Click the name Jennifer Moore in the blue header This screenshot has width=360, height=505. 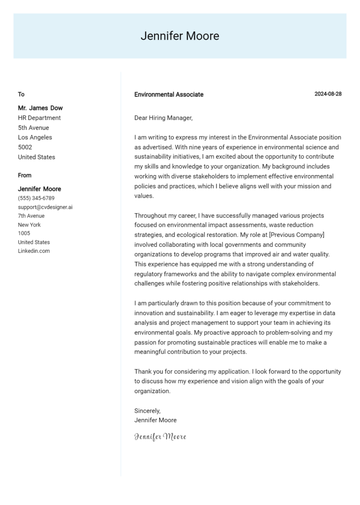180,36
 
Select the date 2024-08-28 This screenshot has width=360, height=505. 328,94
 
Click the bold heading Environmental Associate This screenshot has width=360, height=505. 169,95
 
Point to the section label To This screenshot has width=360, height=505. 21,95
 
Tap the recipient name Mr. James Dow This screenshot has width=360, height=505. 40,108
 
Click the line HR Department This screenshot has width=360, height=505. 39,118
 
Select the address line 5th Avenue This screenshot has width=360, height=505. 33,128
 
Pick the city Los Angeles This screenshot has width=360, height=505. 35,138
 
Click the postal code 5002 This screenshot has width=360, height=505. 25,148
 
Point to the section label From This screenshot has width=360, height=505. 25,176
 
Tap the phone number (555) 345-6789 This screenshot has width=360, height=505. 36,198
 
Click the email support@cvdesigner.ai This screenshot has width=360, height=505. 45,207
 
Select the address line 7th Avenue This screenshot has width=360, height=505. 31,216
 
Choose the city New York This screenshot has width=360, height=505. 30,225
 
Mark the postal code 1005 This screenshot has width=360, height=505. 24,233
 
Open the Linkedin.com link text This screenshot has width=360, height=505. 34,251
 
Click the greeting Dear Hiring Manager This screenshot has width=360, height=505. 163,118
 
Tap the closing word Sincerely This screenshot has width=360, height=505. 147,411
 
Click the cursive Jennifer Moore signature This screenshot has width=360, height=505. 160,437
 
